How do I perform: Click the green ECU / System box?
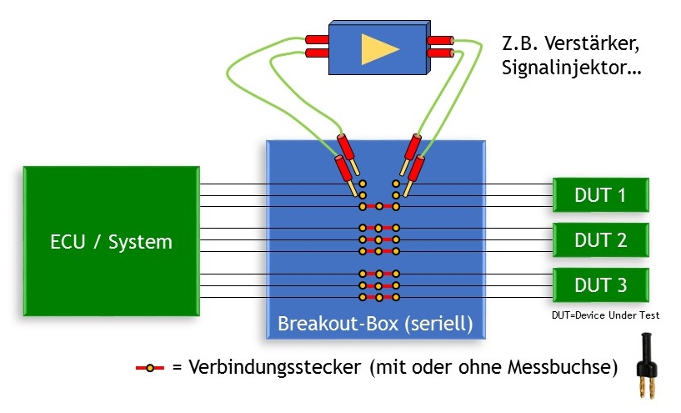[109, 242]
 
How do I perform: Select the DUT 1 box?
[600, 195]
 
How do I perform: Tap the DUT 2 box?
[600, 240]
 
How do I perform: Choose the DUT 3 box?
[600, 285]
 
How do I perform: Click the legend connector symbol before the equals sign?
[150, 367]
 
